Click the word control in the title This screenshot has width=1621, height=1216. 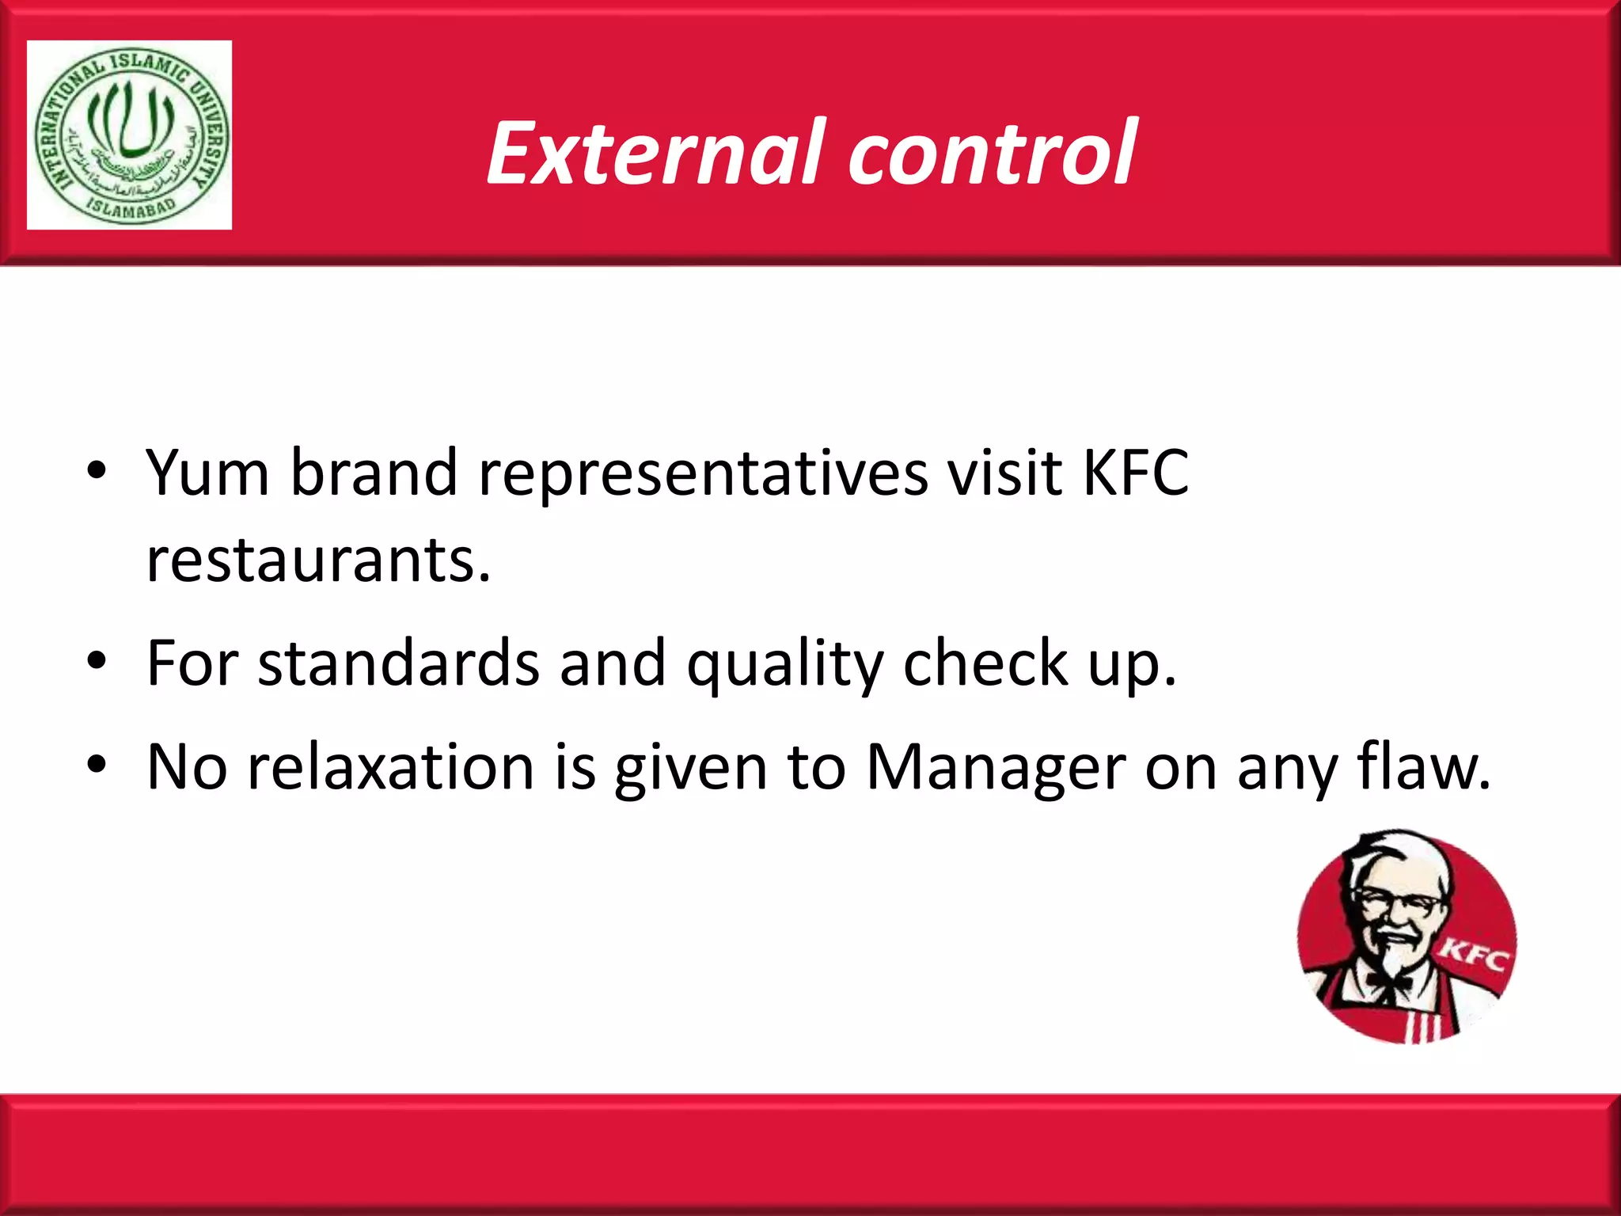(x=993, y=153)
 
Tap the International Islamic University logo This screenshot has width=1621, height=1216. (x=130, y=135)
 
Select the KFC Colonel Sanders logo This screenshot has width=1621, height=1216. (x=1407, y=937)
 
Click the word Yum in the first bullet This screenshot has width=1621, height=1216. (x=208, y=473)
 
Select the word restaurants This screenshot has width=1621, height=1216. (x=318, y=560)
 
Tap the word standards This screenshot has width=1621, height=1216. (x=398, y=663)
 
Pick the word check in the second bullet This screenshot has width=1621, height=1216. (x=986, y=663)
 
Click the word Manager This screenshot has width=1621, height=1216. (x=995, y=768)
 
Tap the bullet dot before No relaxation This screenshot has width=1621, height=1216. (x=97, y=766)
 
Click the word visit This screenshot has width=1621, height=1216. (x=1004, y=473)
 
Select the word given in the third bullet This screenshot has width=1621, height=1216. (x=691, y=768)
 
